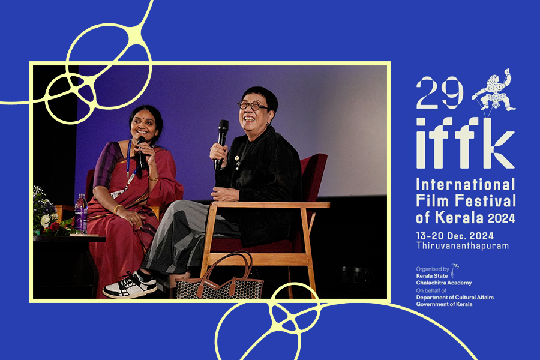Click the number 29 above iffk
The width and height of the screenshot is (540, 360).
pyautogui.click(x=439, y=92)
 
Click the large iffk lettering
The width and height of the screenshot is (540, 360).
pyautogui.click(x=466, y=143)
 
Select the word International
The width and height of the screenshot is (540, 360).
pyautogui.click(x=466, y=184)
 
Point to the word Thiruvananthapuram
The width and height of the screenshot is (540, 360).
pyautogui.click(x=463, y=245)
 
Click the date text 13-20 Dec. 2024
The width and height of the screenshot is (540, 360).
pyautogui.click(x=455, y=236)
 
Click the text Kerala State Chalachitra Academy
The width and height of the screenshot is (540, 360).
pyautogui.click(x=443, y=280)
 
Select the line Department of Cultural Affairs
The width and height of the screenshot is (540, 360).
pyautogui.click(x=455, y=298)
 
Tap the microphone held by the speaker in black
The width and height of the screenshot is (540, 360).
pyautogui.click(x=221, y=144)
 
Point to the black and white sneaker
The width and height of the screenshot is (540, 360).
pyautogui.click(x=130, y=285)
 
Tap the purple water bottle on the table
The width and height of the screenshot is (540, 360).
pyautogui.click(x=81, y=214)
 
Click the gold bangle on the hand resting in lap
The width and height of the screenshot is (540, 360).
pyautogui.click(x=118, y=209)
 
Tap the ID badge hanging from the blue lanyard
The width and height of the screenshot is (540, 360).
pyautogui.click(x=117, y=194)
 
